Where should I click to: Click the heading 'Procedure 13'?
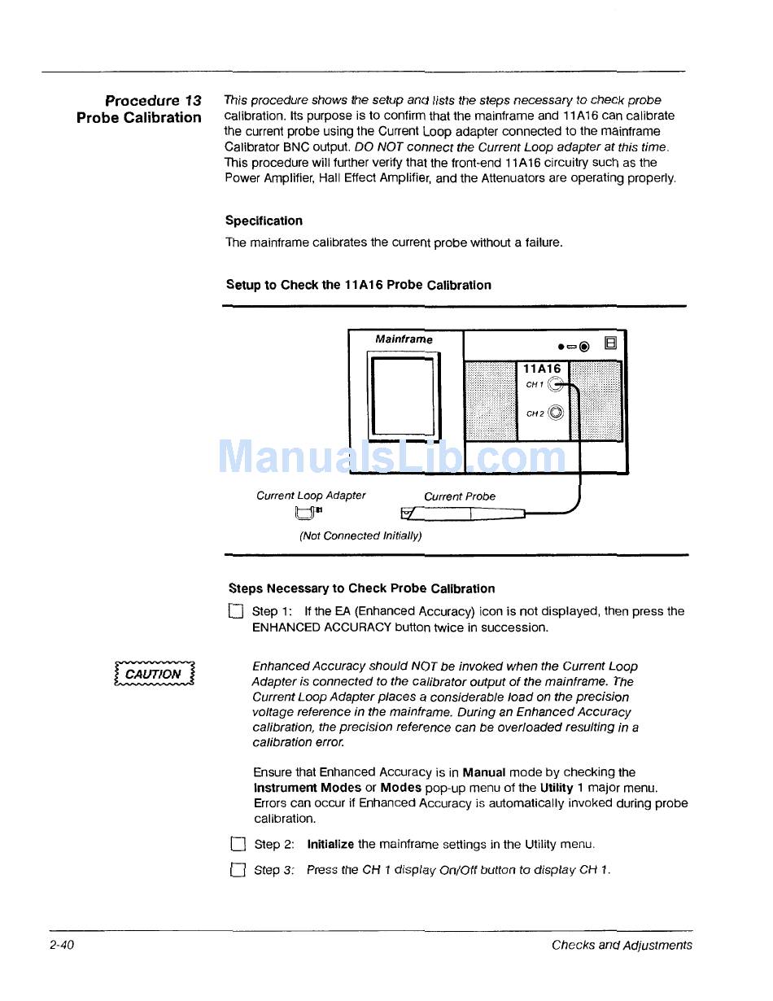[x=153, y=101]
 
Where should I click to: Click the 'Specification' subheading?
[x=264, y=221]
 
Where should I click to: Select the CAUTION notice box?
[x=155, y=674]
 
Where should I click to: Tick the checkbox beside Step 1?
[x=236, y=612]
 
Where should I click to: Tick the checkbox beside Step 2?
[x=238, y=845]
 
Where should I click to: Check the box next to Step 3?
[x=238, y=870]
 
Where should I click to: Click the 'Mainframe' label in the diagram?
[x=404, y=339]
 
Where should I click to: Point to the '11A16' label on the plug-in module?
[x=541, y=369]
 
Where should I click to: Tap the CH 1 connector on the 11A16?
[x=555, y=385]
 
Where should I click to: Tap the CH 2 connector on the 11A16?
[x=556, y=413]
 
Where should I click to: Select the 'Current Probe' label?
[x=459, y=496]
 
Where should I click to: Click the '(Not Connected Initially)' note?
[x=360, y=535]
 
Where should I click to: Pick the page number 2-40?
[x=61, y=945]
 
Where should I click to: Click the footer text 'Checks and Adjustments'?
[x=622, y=945]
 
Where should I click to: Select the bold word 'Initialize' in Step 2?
[x=330, y=845]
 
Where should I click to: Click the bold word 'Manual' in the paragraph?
[x=484, y=772]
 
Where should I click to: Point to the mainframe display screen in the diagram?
[x=403, y=396]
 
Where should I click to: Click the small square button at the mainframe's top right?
[x=611, y=343]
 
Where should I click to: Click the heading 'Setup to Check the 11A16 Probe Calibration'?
[x=358, y=285]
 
